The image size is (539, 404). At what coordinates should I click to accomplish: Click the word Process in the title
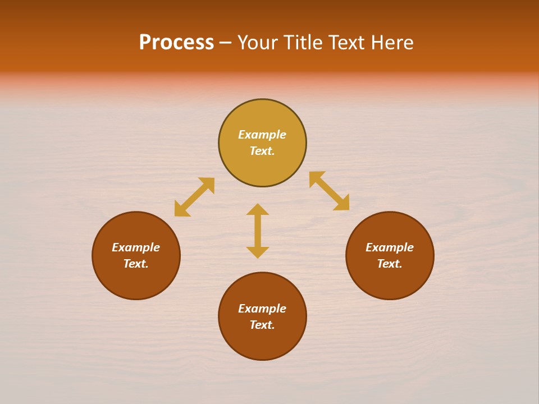pyautogui.click(x=176, y=43)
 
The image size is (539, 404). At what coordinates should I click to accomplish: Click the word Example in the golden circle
pyautogui.click(x=262, y=135)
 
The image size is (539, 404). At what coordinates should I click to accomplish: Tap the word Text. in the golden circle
pyautogui.click(x=262, y=151)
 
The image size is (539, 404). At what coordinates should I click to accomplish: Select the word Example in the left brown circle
pyautogui.click(x=136, y=247)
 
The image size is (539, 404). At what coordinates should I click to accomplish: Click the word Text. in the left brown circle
pyautogui.click(x=136, y=264)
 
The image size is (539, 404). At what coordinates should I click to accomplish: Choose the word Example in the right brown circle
pyautogui.click(x=390, y=247)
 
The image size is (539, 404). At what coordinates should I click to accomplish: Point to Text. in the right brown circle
pyautogui.click(x=390, y=264)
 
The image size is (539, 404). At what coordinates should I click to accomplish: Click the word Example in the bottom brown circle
pyautogui.click(x=262, y=309)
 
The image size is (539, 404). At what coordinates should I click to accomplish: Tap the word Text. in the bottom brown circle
pyautogui.click(x=262, y=325)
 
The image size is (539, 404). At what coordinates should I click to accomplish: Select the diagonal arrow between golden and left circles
pyautogui.click(x=194, y=197)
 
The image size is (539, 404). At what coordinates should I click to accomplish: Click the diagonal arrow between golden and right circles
pyautogui.click(x=329, y=191)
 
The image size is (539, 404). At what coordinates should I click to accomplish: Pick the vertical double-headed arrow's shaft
pyautogui.click(x=258, y=231)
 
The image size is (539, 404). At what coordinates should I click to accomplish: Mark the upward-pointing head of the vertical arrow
pyautogui.click(x=258, y=209)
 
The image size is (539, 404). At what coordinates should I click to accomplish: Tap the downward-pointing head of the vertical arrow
pyautogui.click(x=258, y=252)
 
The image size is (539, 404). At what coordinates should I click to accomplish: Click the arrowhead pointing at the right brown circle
pyautogui.click(x=342, y=204)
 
